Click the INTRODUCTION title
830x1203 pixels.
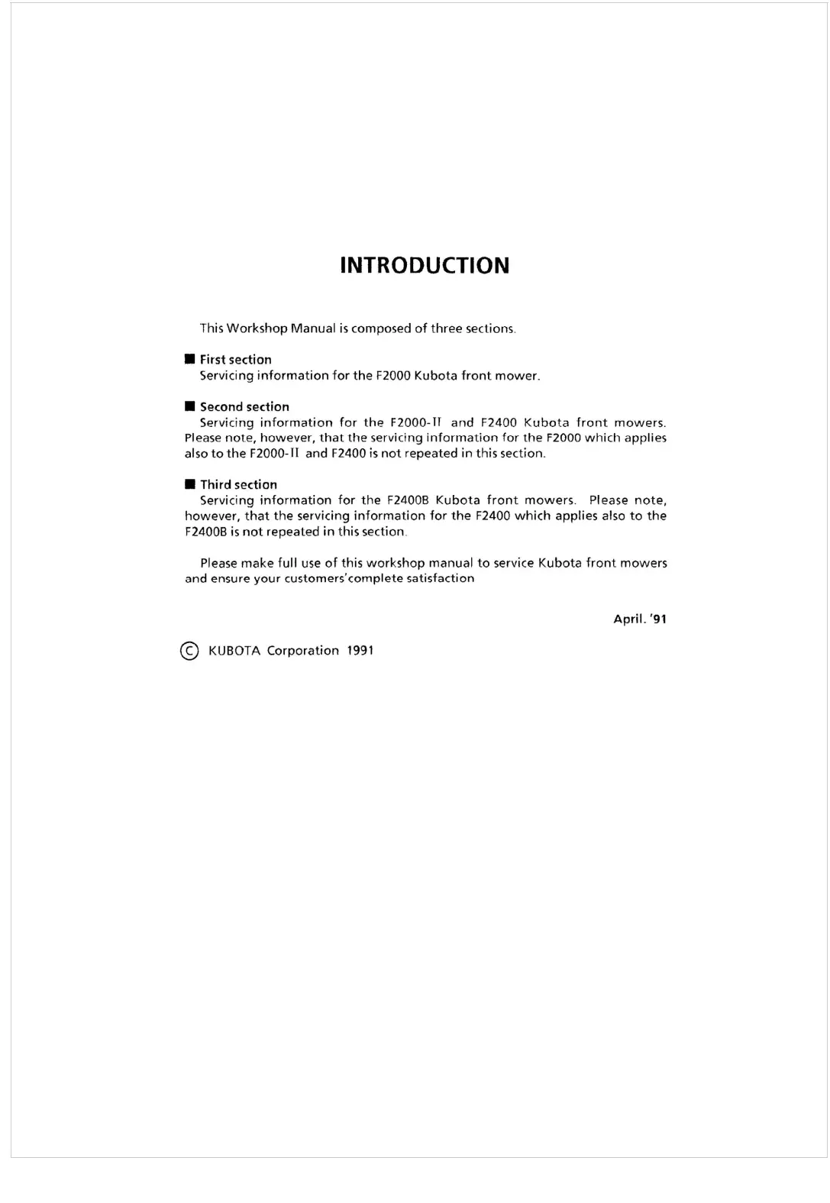tap(424, 265)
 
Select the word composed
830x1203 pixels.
tap(381, 328)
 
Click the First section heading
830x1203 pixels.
tap(235, 360)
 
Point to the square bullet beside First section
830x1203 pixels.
tap(189, 360)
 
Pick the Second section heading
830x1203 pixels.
tap(244, 407)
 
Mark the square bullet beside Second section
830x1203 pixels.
tap(189, 407)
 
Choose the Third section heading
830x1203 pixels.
tap(238, 485)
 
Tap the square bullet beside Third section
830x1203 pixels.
tap(189, 485)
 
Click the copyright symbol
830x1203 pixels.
tap(189, 651)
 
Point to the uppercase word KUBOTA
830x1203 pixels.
tap(234, 651)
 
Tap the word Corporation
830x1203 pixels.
tap(302, 651)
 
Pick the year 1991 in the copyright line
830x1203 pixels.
tap(360, 651)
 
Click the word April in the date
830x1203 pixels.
tap(628, 619)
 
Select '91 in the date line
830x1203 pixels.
tap(658, 619)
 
